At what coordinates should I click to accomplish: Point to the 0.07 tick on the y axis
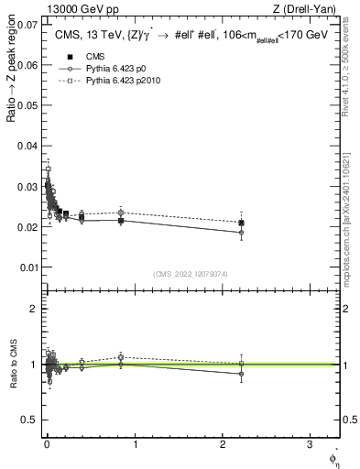pyautogui.click(x=27, y=24)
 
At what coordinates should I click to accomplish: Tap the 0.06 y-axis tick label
pyautogui.click(x=27, y=65)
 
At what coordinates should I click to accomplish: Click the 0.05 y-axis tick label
pyautogui.click(x=27, y=105)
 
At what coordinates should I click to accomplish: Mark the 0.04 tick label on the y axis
pyautogui.click(x=27, y=146)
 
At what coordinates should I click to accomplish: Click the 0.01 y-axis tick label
pyautogui.click(x=27, y=267)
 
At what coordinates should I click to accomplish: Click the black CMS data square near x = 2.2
pyautogui.click(x=241, y=223)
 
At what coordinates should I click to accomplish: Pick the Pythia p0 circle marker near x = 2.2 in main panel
pyautogui.click(x=241, y=233)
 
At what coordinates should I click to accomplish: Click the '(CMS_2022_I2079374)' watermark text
pyautogui.click(x=191, y=272)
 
